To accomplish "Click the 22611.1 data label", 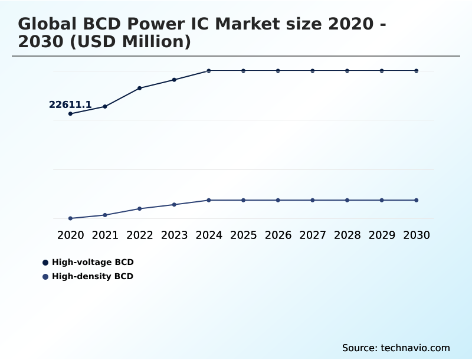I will [70, 105].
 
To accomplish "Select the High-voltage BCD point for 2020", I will [70, 113].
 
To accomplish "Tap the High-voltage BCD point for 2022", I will [140, 88].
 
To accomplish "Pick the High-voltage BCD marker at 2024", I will [209, 71].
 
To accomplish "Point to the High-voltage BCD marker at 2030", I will [417, 71].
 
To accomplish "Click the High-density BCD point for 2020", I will [70, 218].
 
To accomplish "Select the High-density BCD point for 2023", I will [174, 204].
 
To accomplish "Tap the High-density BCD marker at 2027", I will [313, 200].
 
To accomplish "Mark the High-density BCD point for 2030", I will [417, 200].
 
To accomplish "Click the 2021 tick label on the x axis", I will [105, 235].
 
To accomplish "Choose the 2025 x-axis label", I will [243, 235].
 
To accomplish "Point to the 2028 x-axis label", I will [347, 235].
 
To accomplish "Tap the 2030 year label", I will [417, 235].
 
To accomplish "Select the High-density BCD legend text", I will [93, 276].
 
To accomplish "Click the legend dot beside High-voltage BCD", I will [45, 263].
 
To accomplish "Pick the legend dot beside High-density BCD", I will [45, 277].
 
